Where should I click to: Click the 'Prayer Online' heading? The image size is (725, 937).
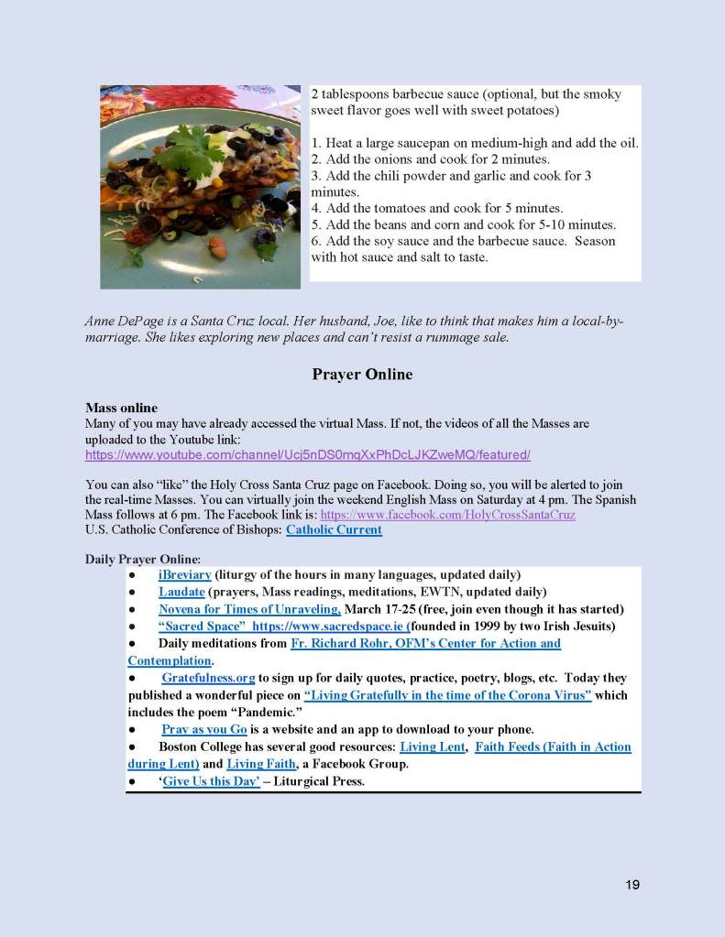[x=362, y=375]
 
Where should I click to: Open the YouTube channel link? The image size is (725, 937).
[x=308, y=455]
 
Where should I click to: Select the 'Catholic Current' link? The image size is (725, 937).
[x=334, y=530]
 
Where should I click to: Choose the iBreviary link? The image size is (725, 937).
[x=185, y=575]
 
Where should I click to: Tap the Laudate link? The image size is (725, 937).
[x=181, y=593]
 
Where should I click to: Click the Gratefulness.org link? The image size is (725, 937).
[x=208, y=679]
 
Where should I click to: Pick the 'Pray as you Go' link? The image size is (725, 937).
[x=204, y=730]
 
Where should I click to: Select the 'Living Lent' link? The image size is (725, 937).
[x=431, y=747]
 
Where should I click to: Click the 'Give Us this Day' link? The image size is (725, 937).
[x=210, y=782]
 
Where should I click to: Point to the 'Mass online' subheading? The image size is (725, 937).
[x=121, y=409]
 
